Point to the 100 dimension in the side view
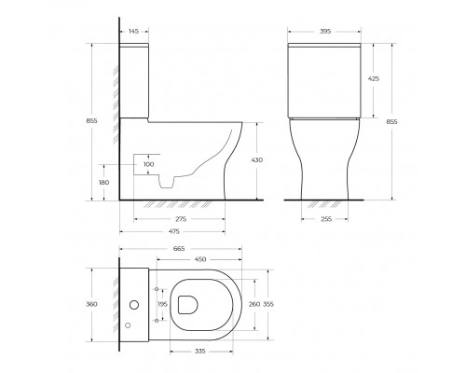tap(148, 165)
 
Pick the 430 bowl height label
tap(256, 159)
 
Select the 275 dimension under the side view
tap(180, 218)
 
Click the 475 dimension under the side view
tap(173, 231)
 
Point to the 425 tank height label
tap(373, 79)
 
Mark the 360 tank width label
tap(92, 305)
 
